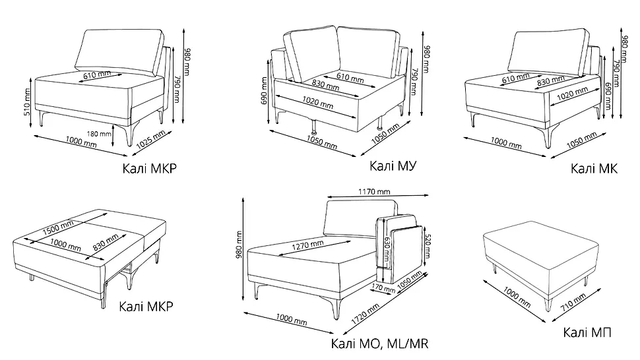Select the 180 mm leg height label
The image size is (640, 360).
pyautogui.click(x=99, y=133)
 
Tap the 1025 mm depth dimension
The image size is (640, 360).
pyautogui.click(x=151, y=139)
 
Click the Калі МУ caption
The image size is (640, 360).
pyautogui.click(x=393, y=166)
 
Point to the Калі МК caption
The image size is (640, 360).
pyautogui.click(x=594, y=168)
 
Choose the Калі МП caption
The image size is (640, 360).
pyautogui.click(x=587, y=332)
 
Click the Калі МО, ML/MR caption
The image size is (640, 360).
pyautogui.click(x=379, y=344)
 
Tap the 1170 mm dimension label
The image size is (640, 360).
pyautogui.click(x=374, y=191)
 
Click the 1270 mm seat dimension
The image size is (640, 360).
pyautogui.click(x=307, y=245)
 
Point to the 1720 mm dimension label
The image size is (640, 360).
pyautogui.click(x=366, y=313)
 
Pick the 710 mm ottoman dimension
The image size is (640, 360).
pyautogui.click(x=573, y=302)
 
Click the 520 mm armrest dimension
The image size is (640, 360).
pyautogui.click(x=428, y=246)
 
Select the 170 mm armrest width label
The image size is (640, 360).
pyautogui.click(x=383, y=288)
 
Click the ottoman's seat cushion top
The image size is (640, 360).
pyautogui.click(x=541, y=243)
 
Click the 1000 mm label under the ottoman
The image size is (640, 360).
pyautogui.click(x=517, y=297)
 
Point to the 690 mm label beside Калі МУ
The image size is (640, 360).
pyautogui.click(x=264, y=90)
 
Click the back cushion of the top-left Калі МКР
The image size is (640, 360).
pyautogui.click(x=119, y=52)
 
